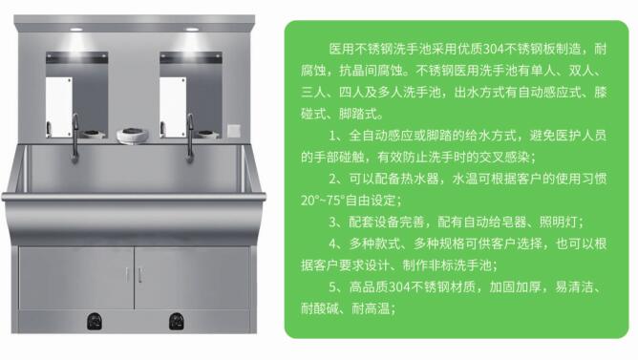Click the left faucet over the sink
74,138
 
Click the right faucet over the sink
190,138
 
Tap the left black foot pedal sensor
95,321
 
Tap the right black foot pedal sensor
176,321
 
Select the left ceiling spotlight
75,30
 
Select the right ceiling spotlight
192,30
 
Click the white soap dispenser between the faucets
132,136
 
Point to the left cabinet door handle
127,275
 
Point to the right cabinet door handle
140,275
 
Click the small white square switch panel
234,131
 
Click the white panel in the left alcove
59,107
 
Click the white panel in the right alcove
173,107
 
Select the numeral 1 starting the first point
332,136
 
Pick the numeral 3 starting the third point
332,222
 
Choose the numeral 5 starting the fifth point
332,287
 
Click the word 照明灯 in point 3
558,222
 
